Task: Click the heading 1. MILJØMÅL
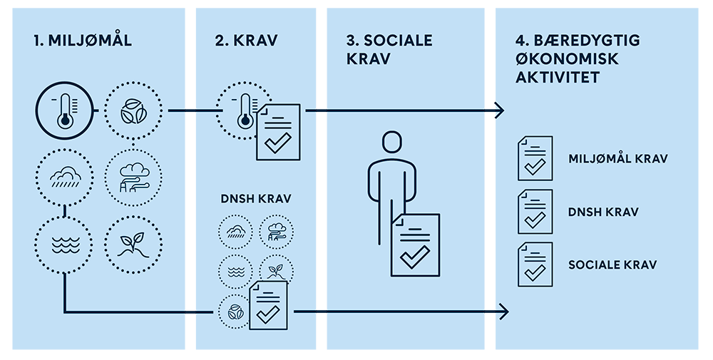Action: (x=82, y=41)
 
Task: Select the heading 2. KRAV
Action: (x=246, y=41)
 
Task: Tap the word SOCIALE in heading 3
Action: (x=389, y=41)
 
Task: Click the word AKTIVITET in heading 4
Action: (x=558, y=76)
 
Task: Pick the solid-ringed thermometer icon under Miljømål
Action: (x=65, y=111)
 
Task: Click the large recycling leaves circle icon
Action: (x=133, y=111)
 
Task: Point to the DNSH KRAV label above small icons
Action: (x=254, y=199)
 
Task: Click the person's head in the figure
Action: (x=390, y=142)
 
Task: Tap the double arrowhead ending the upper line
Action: (x=494, y=110)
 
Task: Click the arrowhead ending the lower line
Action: (x=503, y=312)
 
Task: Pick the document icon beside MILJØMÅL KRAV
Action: (x=535, y=158)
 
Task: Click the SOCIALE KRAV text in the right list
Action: (x=612, y=265)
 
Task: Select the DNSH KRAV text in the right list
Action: (x=602, y=212)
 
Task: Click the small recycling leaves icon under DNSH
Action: (x=233, y=312)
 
